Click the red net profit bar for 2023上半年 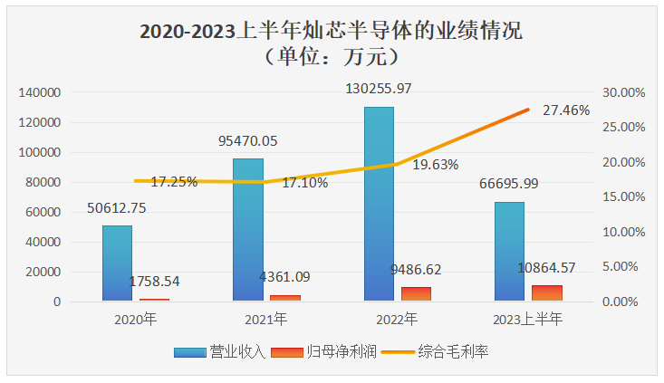tap(547, 293)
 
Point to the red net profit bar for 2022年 tap(416, 294)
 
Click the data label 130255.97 tap(380, 89)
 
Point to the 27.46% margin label tap(566, 110)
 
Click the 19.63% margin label tap(434, 165)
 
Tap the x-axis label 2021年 tap(265, 320)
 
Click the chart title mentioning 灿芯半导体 tap(332, 32)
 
